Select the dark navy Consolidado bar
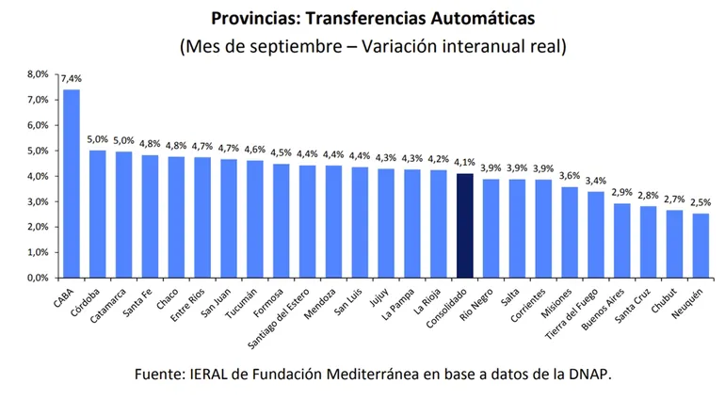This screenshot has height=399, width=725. click(x=464, y=226)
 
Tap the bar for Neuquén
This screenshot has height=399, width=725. click(x=700, y=246)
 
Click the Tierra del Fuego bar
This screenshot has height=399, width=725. click(x=595, y=234)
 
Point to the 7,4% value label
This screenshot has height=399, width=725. click(x=72, y=80)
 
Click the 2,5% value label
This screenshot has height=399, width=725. click(x=700, y=203)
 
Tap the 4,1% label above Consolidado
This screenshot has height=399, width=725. click(x=464, y=164)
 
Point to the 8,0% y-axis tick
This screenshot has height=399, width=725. click(x=37, y=73)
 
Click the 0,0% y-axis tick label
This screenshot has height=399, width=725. click(x=37, y=279)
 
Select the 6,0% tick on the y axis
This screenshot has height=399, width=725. click(x=37, y=125)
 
